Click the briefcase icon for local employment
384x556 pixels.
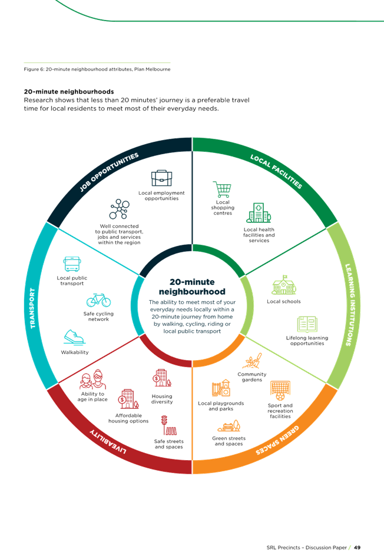pyautogui.click(x=162, y=178)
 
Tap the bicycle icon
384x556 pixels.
pyautogui.click(x=98, y=300)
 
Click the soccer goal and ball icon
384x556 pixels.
pyautogui.click(x=280, y=389)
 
